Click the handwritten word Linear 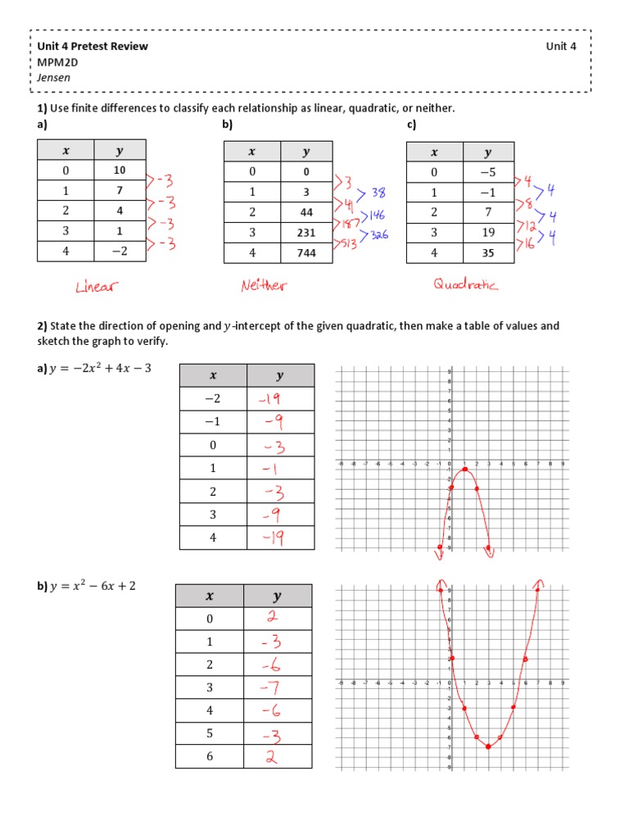point(97,286)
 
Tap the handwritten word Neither point(265,286)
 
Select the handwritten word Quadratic point(466,284)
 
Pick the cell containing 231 point(306,233)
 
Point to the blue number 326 point(378,234)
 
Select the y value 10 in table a point(120,170)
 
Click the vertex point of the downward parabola point(464,469)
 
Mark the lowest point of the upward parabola point(488,746)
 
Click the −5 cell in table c point(488,172)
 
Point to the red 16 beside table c point(527,244)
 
